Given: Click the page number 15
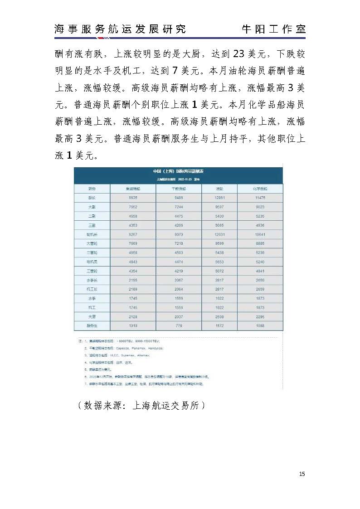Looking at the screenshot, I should pos(302,474).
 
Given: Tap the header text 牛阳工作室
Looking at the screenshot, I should pos(273,29).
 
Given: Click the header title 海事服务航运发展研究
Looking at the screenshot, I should pos(120,29).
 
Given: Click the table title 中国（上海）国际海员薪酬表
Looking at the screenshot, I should pos(178,171).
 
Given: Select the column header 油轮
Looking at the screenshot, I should pos(219,188).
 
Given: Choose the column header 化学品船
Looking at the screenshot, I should pos(260,188).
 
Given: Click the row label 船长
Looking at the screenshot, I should pos(92,198).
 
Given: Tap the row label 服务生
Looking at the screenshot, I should pos(92,325).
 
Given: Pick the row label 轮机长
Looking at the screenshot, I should pos(92,234).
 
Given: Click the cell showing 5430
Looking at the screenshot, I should pos(219,216).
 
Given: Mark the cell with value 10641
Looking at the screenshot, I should pos(260,234).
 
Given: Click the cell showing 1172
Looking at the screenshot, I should pos(219,325).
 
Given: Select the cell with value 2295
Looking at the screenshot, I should pos(260,316).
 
